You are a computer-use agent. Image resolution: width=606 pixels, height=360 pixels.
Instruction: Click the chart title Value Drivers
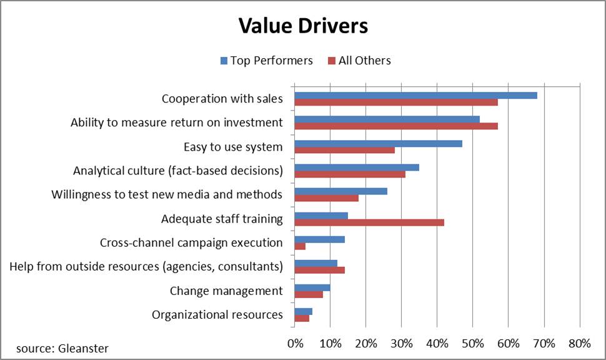coord(303,26)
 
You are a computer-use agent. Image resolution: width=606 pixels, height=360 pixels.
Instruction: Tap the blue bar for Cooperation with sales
coord(415,95)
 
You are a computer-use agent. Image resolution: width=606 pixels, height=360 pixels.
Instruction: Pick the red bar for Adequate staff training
coord(369,221)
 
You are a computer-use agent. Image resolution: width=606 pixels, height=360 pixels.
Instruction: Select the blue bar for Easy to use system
coord(378,143)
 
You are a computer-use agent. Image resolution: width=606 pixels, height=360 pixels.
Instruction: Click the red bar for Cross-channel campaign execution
coord(300,246)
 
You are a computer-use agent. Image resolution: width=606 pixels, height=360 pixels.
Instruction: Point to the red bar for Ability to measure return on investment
coord(396,126)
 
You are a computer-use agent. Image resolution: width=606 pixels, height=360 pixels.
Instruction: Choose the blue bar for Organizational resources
coord(303,311)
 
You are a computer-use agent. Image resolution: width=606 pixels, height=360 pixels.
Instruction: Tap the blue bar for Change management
coord(312,287)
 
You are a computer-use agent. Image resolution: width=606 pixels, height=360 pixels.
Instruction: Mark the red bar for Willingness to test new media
coord(326,198)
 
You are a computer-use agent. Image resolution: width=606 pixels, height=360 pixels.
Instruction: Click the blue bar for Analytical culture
coord(357,167)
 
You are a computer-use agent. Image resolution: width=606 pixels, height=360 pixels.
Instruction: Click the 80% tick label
coord(579,343)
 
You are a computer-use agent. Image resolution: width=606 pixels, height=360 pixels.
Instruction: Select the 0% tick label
coord(294,343)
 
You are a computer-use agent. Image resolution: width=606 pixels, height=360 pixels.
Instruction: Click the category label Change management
coord(226,291)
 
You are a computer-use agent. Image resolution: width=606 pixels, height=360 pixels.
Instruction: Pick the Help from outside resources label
coord(146,267)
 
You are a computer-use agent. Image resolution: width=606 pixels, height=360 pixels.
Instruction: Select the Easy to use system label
coord(233,147)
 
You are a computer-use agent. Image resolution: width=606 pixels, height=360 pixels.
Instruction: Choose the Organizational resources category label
coord(217,314)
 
